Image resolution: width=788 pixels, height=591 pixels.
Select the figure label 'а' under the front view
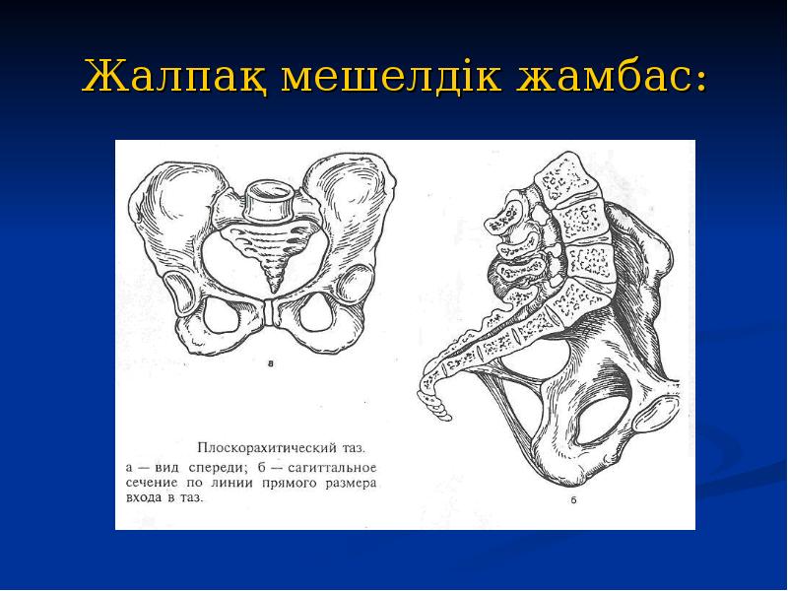tap(271, 362)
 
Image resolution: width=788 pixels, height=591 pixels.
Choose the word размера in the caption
tap(350, 483)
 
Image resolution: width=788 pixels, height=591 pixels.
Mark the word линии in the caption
tap(234, 483)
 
